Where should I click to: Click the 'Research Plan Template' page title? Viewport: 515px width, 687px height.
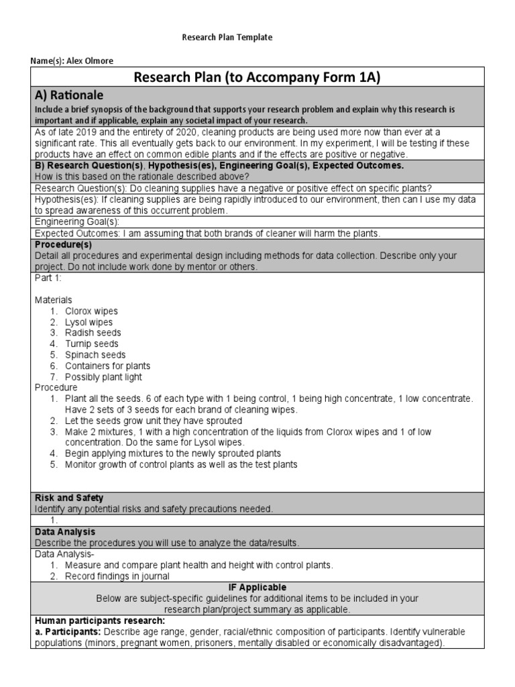[227, 38]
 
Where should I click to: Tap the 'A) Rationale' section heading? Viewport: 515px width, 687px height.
[69, 95]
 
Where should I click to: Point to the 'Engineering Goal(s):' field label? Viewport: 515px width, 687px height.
[77, 222]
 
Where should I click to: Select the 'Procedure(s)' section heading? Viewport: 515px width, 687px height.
[63, 245]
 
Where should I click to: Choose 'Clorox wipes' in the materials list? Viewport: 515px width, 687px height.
[91, 311]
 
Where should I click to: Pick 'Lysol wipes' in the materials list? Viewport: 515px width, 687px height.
[89, 322]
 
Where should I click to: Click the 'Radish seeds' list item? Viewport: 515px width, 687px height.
[93, 333]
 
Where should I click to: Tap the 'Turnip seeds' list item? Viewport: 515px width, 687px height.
[91, 344]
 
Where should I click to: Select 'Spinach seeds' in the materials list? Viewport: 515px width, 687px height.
[95, 355]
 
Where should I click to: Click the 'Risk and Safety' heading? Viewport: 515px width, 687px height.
[69, 498]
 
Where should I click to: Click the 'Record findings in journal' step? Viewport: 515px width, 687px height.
[117, 576]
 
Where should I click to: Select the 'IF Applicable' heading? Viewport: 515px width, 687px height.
[257, 587]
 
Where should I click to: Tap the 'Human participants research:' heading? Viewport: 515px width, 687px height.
[99, 621]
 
